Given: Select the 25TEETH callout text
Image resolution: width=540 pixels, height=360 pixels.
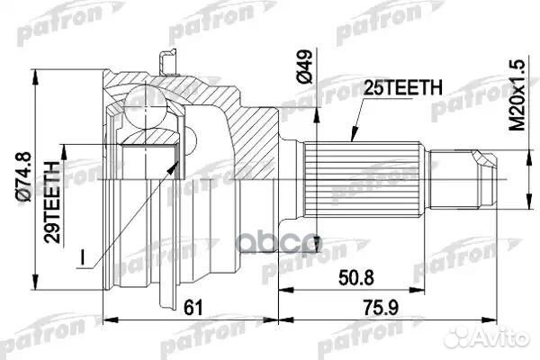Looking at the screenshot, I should [x=402, y=88].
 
